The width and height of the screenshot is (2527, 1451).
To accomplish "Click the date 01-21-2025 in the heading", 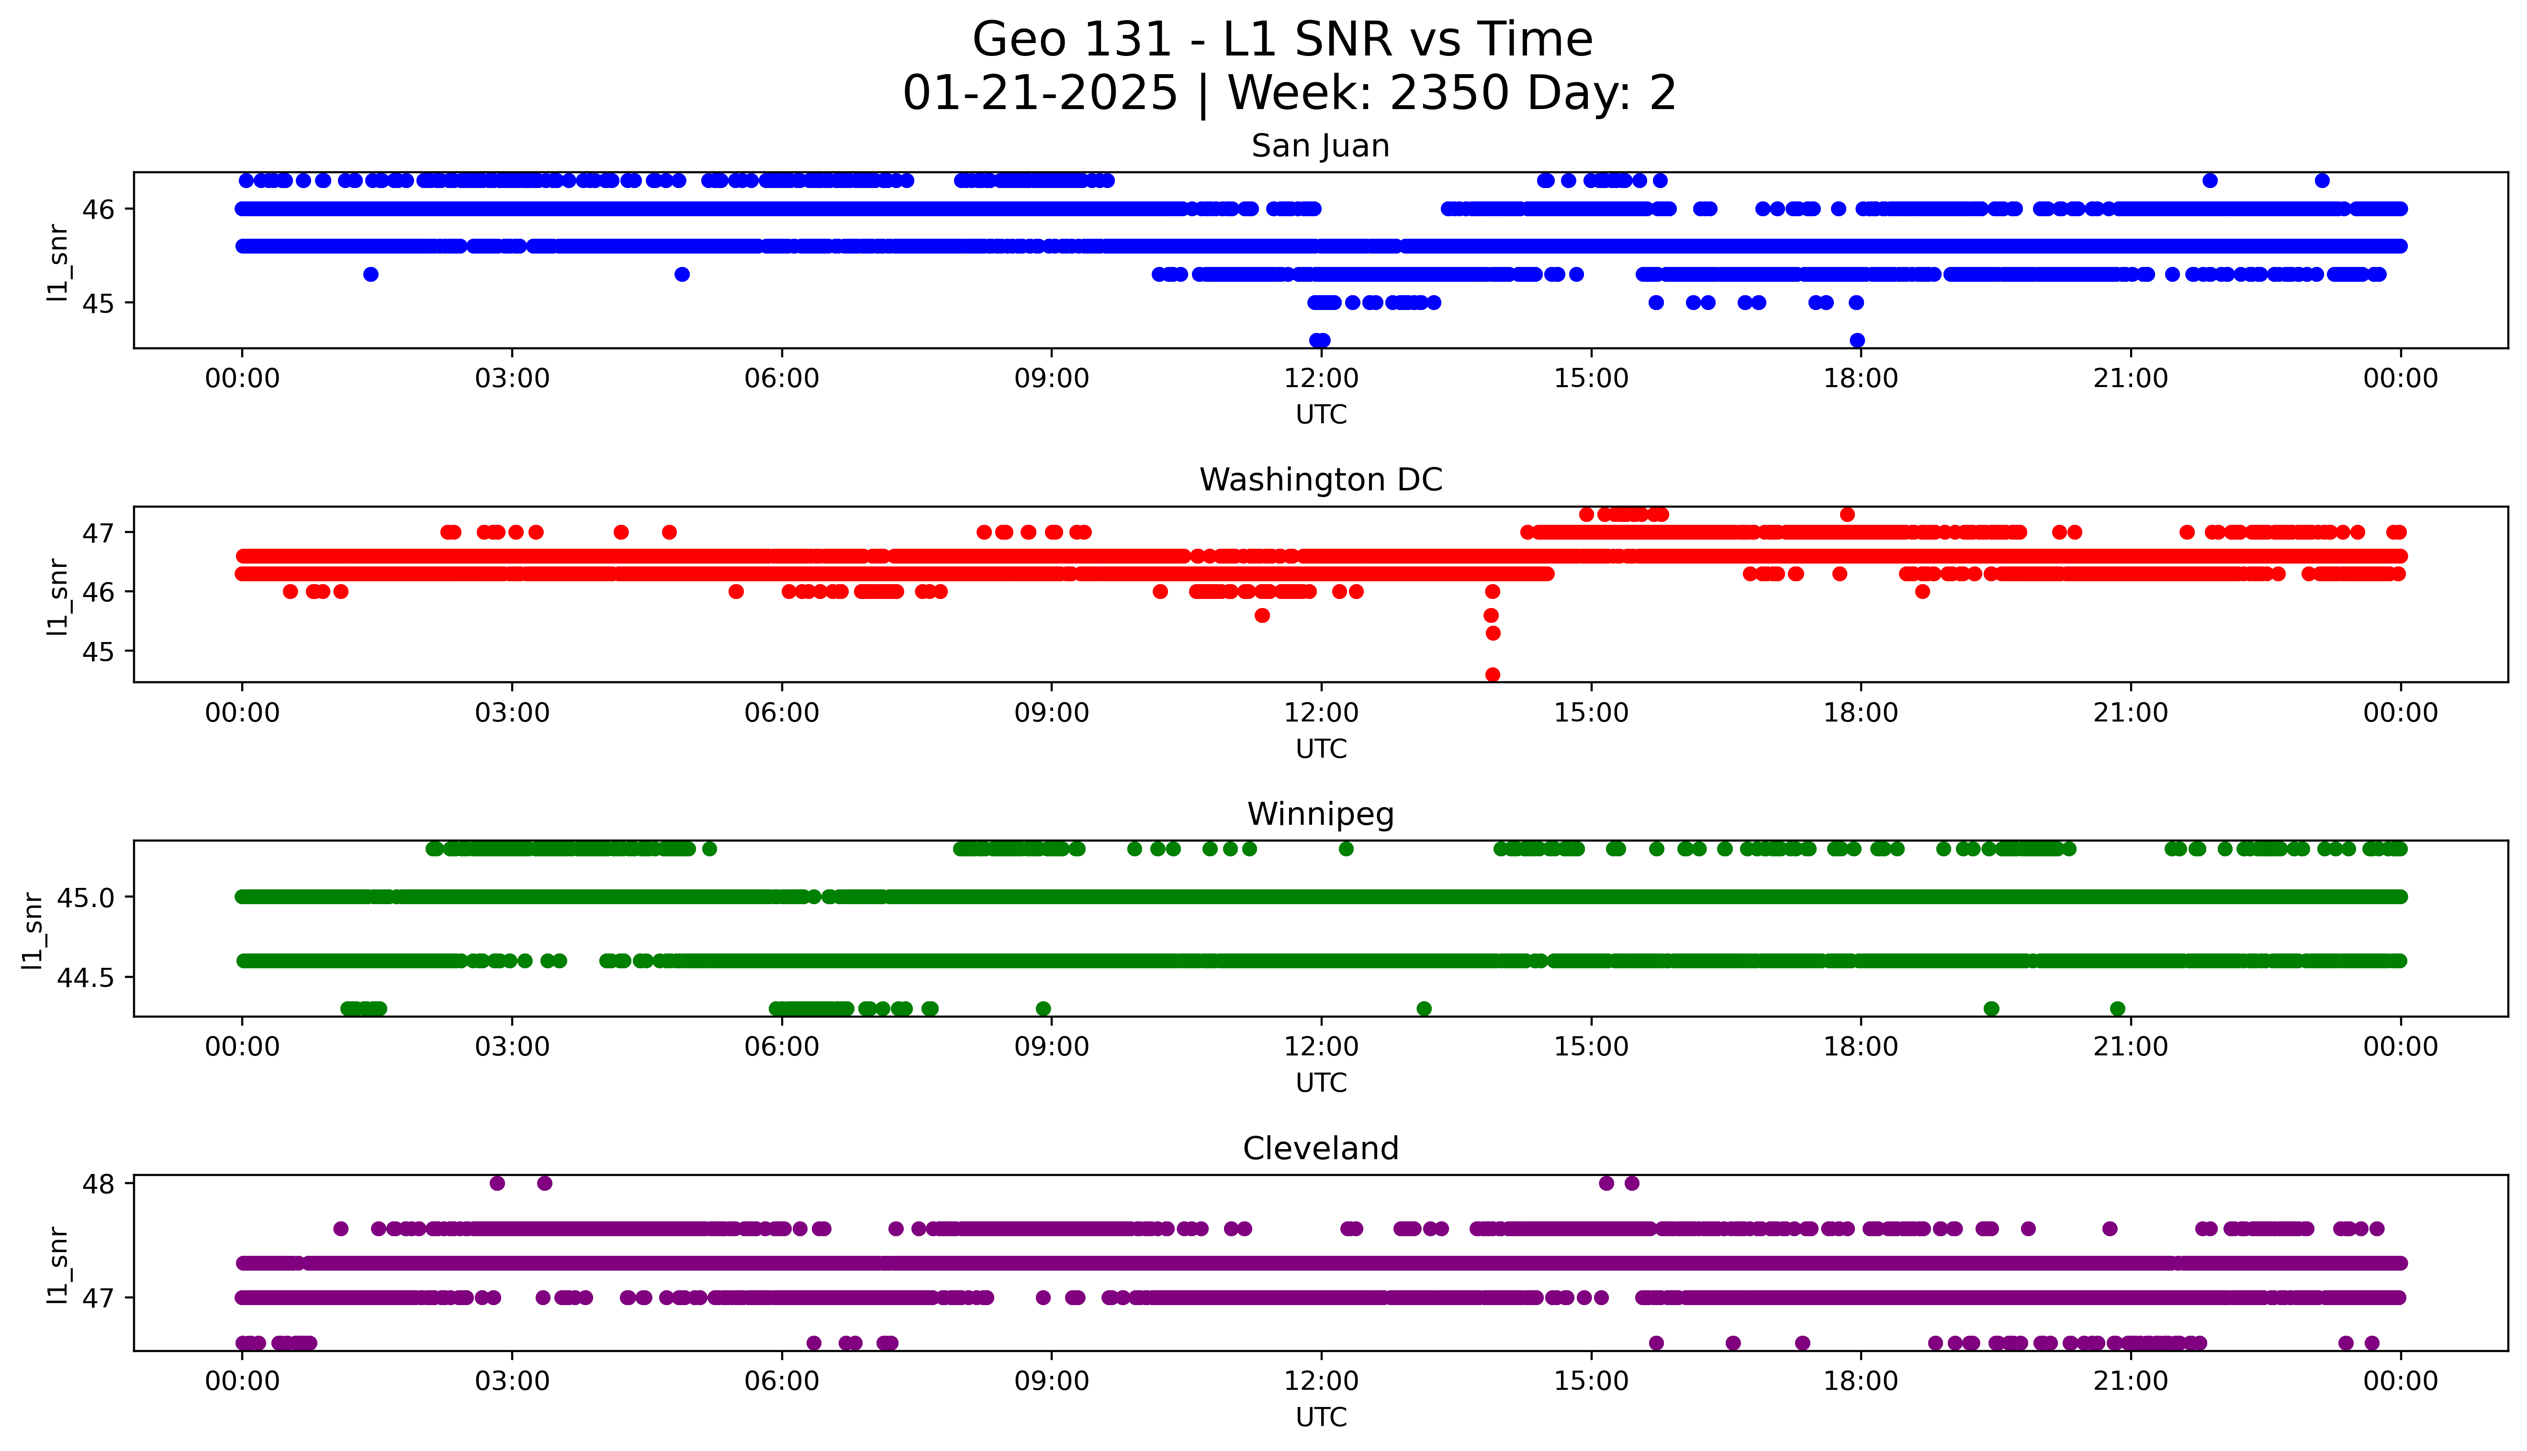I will (1040, 94).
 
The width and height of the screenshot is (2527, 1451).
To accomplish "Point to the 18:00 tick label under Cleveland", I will (1860, 1381).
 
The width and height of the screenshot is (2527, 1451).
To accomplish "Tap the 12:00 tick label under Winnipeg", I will (1321, 1046).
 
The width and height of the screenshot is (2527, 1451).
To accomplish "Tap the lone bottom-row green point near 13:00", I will (1424, 1008).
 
